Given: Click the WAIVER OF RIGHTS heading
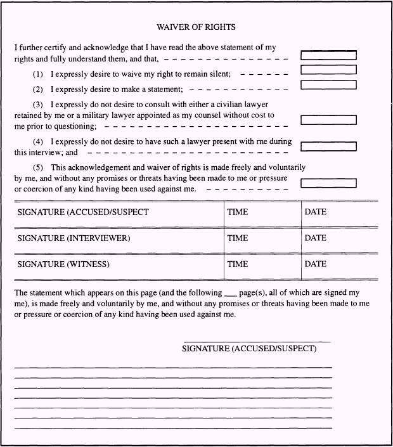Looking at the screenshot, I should (x=196, y=27).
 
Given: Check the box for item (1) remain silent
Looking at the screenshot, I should (x=328, y=70).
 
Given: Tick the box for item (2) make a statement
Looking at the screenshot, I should (x=328, y=84).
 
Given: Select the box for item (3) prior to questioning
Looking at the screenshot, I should (x=328, y=120).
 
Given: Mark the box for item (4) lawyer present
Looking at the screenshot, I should (x=328, y=146).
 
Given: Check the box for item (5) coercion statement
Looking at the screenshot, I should (x=328, y=184).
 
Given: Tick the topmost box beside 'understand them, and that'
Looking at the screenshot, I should (x=328, y=55).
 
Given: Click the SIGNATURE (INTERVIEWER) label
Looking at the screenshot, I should (x=74, y=238).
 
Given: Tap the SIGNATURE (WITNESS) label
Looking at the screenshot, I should (x=63, y=264).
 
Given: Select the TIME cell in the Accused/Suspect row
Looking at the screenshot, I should (x=238, y=212).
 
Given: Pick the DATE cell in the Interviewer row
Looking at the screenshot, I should (x=316, y=238).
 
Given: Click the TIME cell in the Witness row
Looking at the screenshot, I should (x=238, y=264).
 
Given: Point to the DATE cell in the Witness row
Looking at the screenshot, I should (x=316, y=264).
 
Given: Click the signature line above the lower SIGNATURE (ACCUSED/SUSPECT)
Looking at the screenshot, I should (x=257, y=342).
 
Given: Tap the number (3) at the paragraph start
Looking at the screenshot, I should (x=38, y=104).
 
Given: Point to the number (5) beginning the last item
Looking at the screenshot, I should (x=38, y=167).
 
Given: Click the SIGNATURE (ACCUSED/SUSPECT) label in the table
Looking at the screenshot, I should (x=83, y=212).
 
